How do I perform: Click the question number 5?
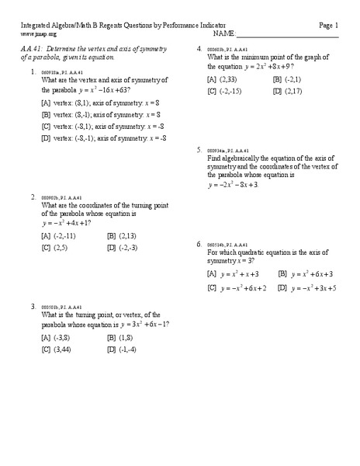click(x=199, y=149)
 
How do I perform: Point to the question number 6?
click(x=199, y=244)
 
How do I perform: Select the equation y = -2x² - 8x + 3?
click(x=233, y=185)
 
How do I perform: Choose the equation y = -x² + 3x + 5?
click(x=313, y=288)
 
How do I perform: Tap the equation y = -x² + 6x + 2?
click(x=243, y=288)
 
